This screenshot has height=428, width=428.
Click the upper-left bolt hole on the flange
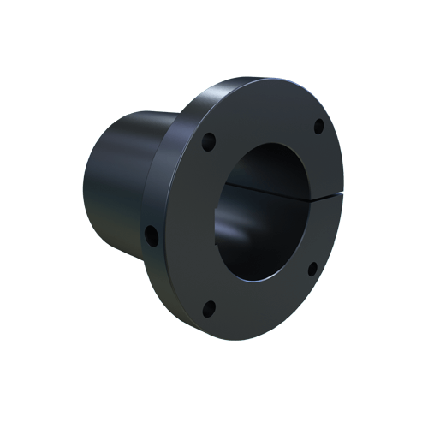(206, 141)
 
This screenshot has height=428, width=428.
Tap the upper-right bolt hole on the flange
(318, 126)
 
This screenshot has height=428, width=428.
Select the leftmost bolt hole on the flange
(152, 233)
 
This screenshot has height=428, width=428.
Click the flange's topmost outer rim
(257, 80)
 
